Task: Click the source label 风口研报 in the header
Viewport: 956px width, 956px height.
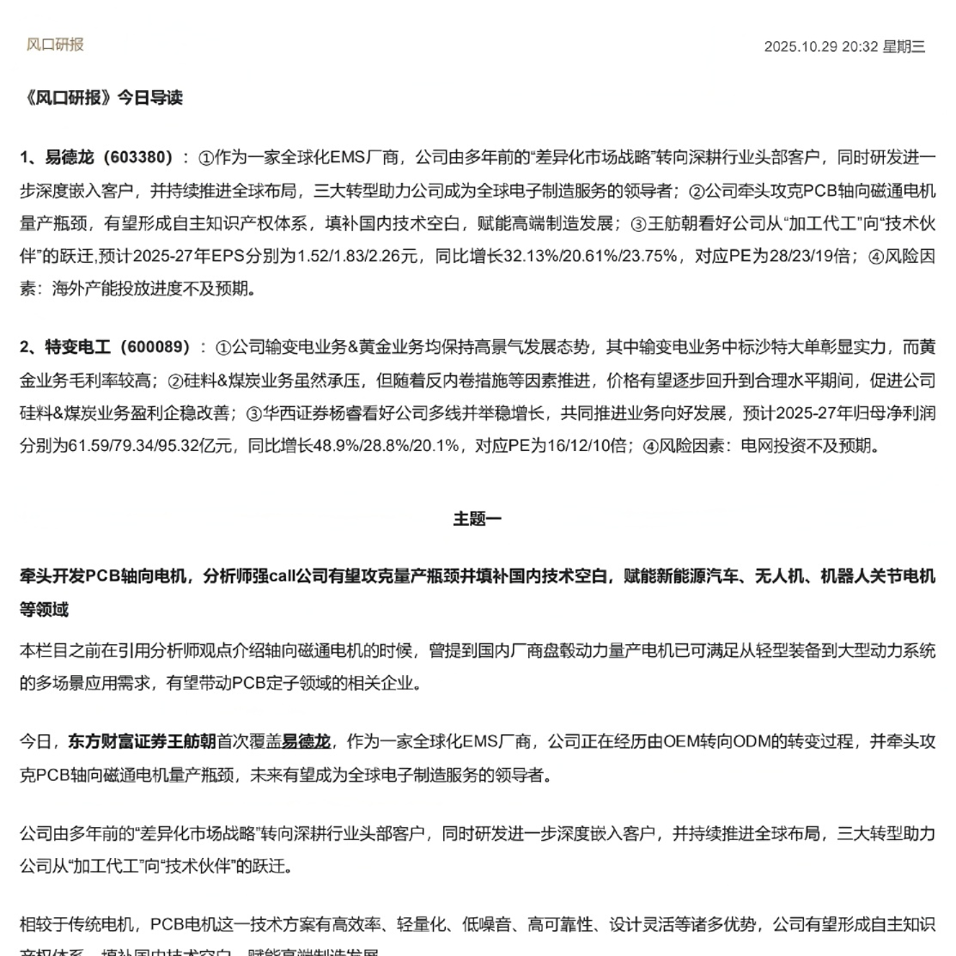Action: (55, 45)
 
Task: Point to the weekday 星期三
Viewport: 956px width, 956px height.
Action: (904, 46)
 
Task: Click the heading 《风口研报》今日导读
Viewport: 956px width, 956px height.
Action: (101, 98)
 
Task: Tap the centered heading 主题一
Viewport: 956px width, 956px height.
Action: (478, 519)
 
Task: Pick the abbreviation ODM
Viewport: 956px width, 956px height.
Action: (756, 741)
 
